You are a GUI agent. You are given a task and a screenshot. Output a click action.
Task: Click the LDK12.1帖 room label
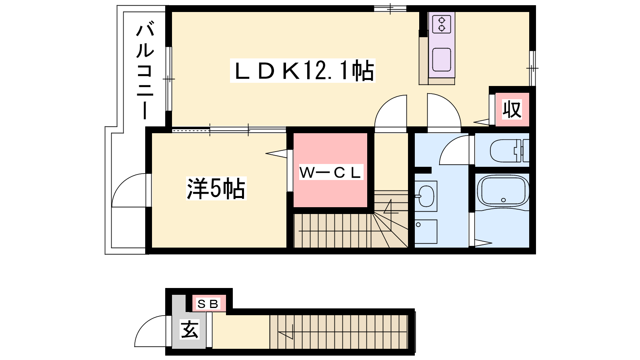(303, 70)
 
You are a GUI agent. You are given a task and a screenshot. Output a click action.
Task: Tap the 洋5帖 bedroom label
(216, 188)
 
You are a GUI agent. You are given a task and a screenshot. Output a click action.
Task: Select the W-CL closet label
(331, 172)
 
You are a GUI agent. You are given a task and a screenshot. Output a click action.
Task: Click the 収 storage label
(512, 109)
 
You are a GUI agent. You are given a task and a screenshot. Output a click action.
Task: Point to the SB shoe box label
(208, 304)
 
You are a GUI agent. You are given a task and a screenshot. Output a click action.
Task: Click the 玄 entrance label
(190, 329)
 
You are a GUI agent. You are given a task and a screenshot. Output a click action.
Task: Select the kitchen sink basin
(442, 60)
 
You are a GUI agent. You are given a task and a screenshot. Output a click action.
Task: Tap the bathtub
(503, 190)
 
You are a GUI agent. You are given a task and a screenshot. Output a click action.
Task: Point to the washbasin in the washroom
(426, 196)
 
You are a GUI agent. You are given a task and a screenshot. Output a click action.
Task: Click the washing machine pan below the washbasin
(426, 232)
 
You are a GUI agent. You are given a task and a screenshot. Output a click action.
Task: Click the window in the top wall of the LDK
(390, 8)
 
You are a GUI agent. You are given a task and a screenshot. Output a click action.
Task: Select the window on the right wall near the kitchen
(532, 68)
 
